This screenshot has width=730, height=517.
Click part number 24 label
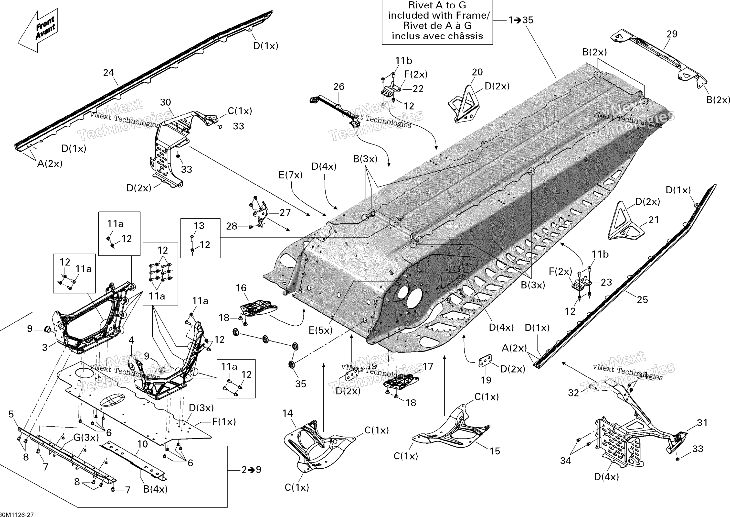108,73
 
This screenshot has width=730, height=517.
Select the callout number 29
672,34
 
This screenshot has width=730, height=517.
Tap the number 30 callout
165,102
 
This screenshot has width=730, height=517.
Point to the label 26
339,87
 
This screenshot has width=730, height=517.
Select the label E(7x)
290,175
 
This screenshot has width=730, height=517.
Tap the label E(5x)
321,331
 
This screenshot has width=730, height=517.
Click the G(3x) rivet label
86,438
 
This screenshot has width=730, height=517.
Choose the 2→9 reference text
251,470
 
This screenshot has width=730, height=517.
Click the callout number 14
287,413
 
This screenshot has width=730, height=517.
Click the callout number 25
642,300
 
